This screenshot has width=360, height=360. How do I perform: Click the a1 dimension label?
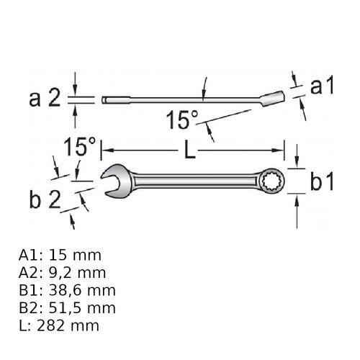point(322,86)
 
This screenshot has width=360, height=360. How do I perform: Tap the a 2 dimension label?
point(45,99)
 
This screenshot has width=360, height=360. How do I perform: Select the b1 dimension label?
point(322,181)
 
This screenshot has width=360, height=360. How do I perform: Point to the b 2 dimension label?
point(45,199)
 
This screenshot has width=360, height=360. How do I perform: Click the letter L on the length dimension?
point(190,150)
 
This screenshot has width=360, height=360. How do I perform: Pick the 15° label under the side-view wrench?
point(182,120)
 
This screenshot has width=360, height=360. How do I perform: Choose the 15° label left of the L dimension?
point(80,147)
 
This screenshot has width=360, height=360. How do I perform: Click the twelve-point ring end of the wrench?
point(272,181)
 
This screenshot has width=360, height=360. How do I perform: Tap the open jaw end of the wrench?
point(116,181)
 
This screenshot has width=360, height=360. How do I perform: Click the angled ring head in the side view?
point(272,99)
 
